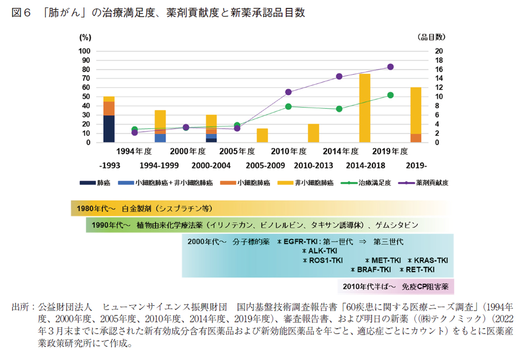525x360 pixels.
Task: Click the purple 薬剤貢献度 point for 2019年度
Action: (x=391, y=67)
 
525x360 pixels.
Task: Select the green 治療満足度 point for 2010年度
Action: (x=288, y=106)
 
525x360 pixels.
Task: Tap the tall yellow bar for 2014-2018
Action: (x=365, y=108)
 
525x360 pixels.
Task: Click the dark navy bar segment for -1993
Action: (x=109, y=129)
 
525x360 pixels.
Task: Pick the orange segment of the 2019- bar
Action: (x=416, y=138)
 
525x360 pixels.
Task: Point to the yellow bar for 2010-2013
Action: (x=313, y=134)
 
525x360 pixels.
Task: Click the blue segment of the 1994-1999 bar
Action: (x=160, y=138)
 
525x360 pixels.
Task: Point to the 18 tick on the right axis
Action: (x=439, y=60)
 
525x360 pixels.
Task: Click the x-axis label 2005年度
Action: (x=237, y=151)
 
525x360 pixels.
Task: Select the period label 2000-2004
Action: (x=211, y=165)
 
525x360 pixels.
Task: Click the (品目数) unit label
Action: (x=431, y=37)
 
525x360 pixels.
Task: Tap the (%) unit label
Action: (x=85, y=37)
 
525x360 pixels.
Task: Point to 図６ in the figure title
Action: (x=22, y=13)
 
